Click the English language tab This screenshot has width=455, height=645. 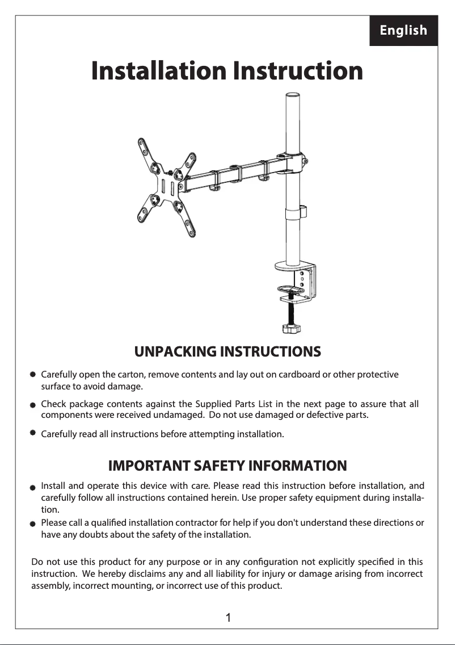tap(403, 31)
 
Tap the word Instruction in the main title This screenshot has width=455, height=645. tap(297, 71)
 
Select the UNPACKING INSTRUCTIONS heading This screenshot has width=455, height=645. tap(227, 351)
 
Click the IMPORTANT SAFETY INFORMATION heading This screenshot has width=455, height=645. tap(227, 466)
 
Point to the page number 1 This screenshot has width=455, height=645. tap(227, 618)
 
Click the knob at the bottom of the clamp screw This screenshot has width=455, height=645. tap(292, 328)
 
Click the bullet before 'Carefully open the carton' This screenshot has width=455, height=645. tap(33, 375)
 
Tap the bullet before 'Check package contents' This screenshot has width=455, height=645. tap(33, 405)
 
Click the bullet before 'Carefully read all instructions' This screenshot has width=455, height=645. tap(33, 433)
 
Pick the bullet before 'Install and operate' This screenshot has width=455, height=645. tap(33, 487)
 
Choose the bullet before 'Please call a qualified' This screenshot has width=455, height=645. tap(33, 523)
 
